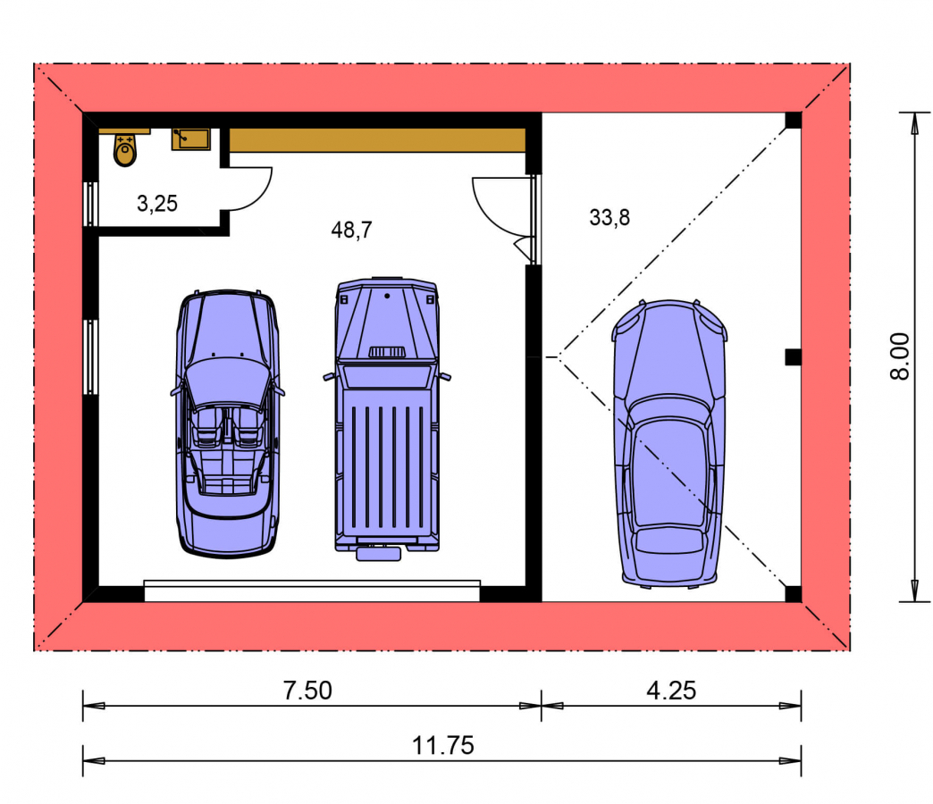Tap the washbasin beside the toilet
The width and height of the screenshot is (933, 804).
(x=191, y=139)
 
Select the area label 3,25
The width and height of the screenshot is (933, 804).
(x=157, y=204)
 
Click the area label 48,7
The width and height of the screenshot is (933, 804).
(x=351, y=230)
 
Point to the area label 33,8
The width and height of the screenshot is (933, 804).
(x=609, y=218)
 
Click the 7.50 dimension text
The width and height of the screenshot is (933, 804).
(x=307, y=691)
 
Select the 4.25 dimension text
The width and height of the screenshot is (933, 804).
(x=671, y=691)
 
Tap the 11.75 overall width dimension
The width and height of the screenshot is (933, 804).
(x=443, y=745)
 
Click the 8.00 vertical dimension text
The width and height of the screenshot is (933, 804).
(x=900, y=356)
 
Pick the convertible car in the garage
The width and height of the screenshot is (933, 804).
(x=227, y=423)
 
